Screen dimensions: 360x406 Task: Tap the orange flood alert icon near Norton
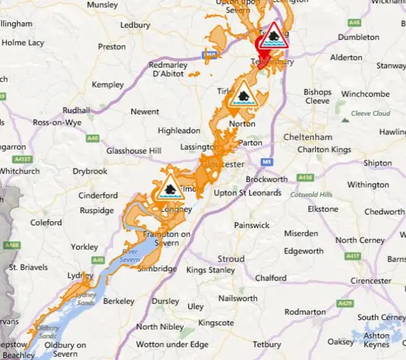pyautogui.click(x=244, y=96)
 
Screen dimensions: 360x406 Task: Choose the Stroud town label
pyautogui.click(x=231, y=259)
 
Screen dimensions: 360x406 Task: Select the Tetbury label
pyautogui.click(x=266, y=344)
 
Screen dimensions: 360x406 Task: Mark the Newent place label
pyautogui.click(x=145, y=112)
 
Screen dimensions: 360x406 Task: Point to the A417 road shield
pyautogui.click(x=353, y=256)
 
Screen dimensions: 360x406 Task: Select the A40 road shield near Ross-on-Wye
pyautogui.click(x=93, y=138)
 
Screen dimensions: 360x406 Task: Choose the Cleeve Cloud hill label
pyautogui.click(x=371, y=113)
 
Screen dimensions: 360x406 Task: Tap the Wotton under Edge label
pyautogui.click(x=172, y=344)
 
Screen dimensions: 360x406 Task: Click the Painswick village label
pyautogui.click(x=251, y=225)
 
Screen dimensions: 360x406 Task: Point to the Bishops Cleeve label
pyautogui.click(x=317, y=96)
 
